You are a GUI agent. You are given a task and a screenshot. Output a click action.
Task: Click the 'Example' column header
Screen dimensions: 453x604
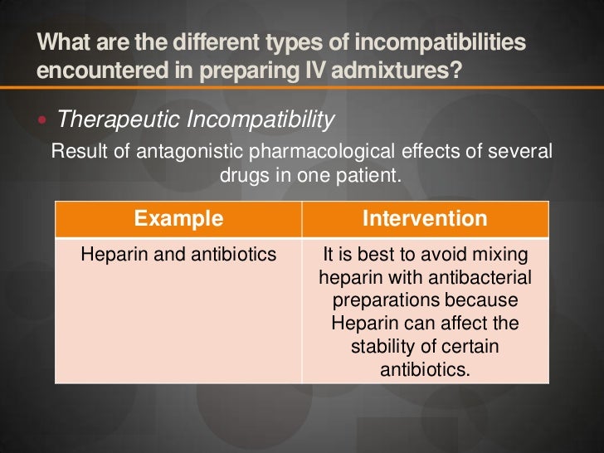click(x=178, y=219)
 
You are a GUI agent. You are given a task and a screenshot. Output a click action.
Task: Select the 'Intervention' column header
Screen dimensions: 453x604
click(x=425, y=219)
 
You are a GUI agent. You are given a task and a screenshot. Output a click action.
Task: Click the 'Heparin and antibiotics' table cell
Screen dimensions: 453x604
click(x=178, y=255)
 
